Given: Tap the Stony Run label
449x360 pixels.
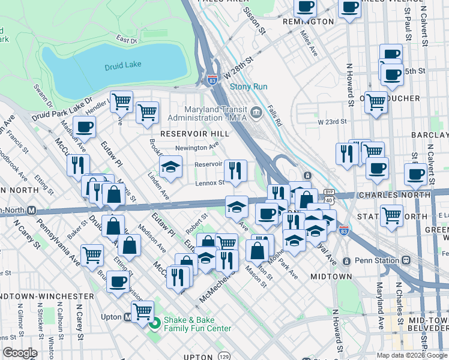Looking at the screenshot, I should (249, 86).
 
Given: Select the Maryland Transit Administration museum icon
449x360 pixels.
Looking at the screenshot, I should (256, 110).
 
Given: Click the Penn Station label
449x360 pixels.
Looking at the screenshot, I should (378, 260).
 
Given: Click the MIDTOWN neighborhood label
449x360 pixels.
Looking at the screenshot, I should (331, 277).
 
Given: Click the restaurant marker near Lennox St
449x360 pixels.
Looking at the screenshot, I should (235, 171).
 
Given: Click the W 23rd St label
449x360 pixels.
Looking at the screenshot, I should (333, 121).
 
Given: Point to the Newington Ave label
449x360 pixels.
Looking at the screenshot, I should (197, 148).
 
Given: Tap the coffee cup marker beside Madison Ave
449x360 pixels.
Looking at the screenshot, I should (85, 127).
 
